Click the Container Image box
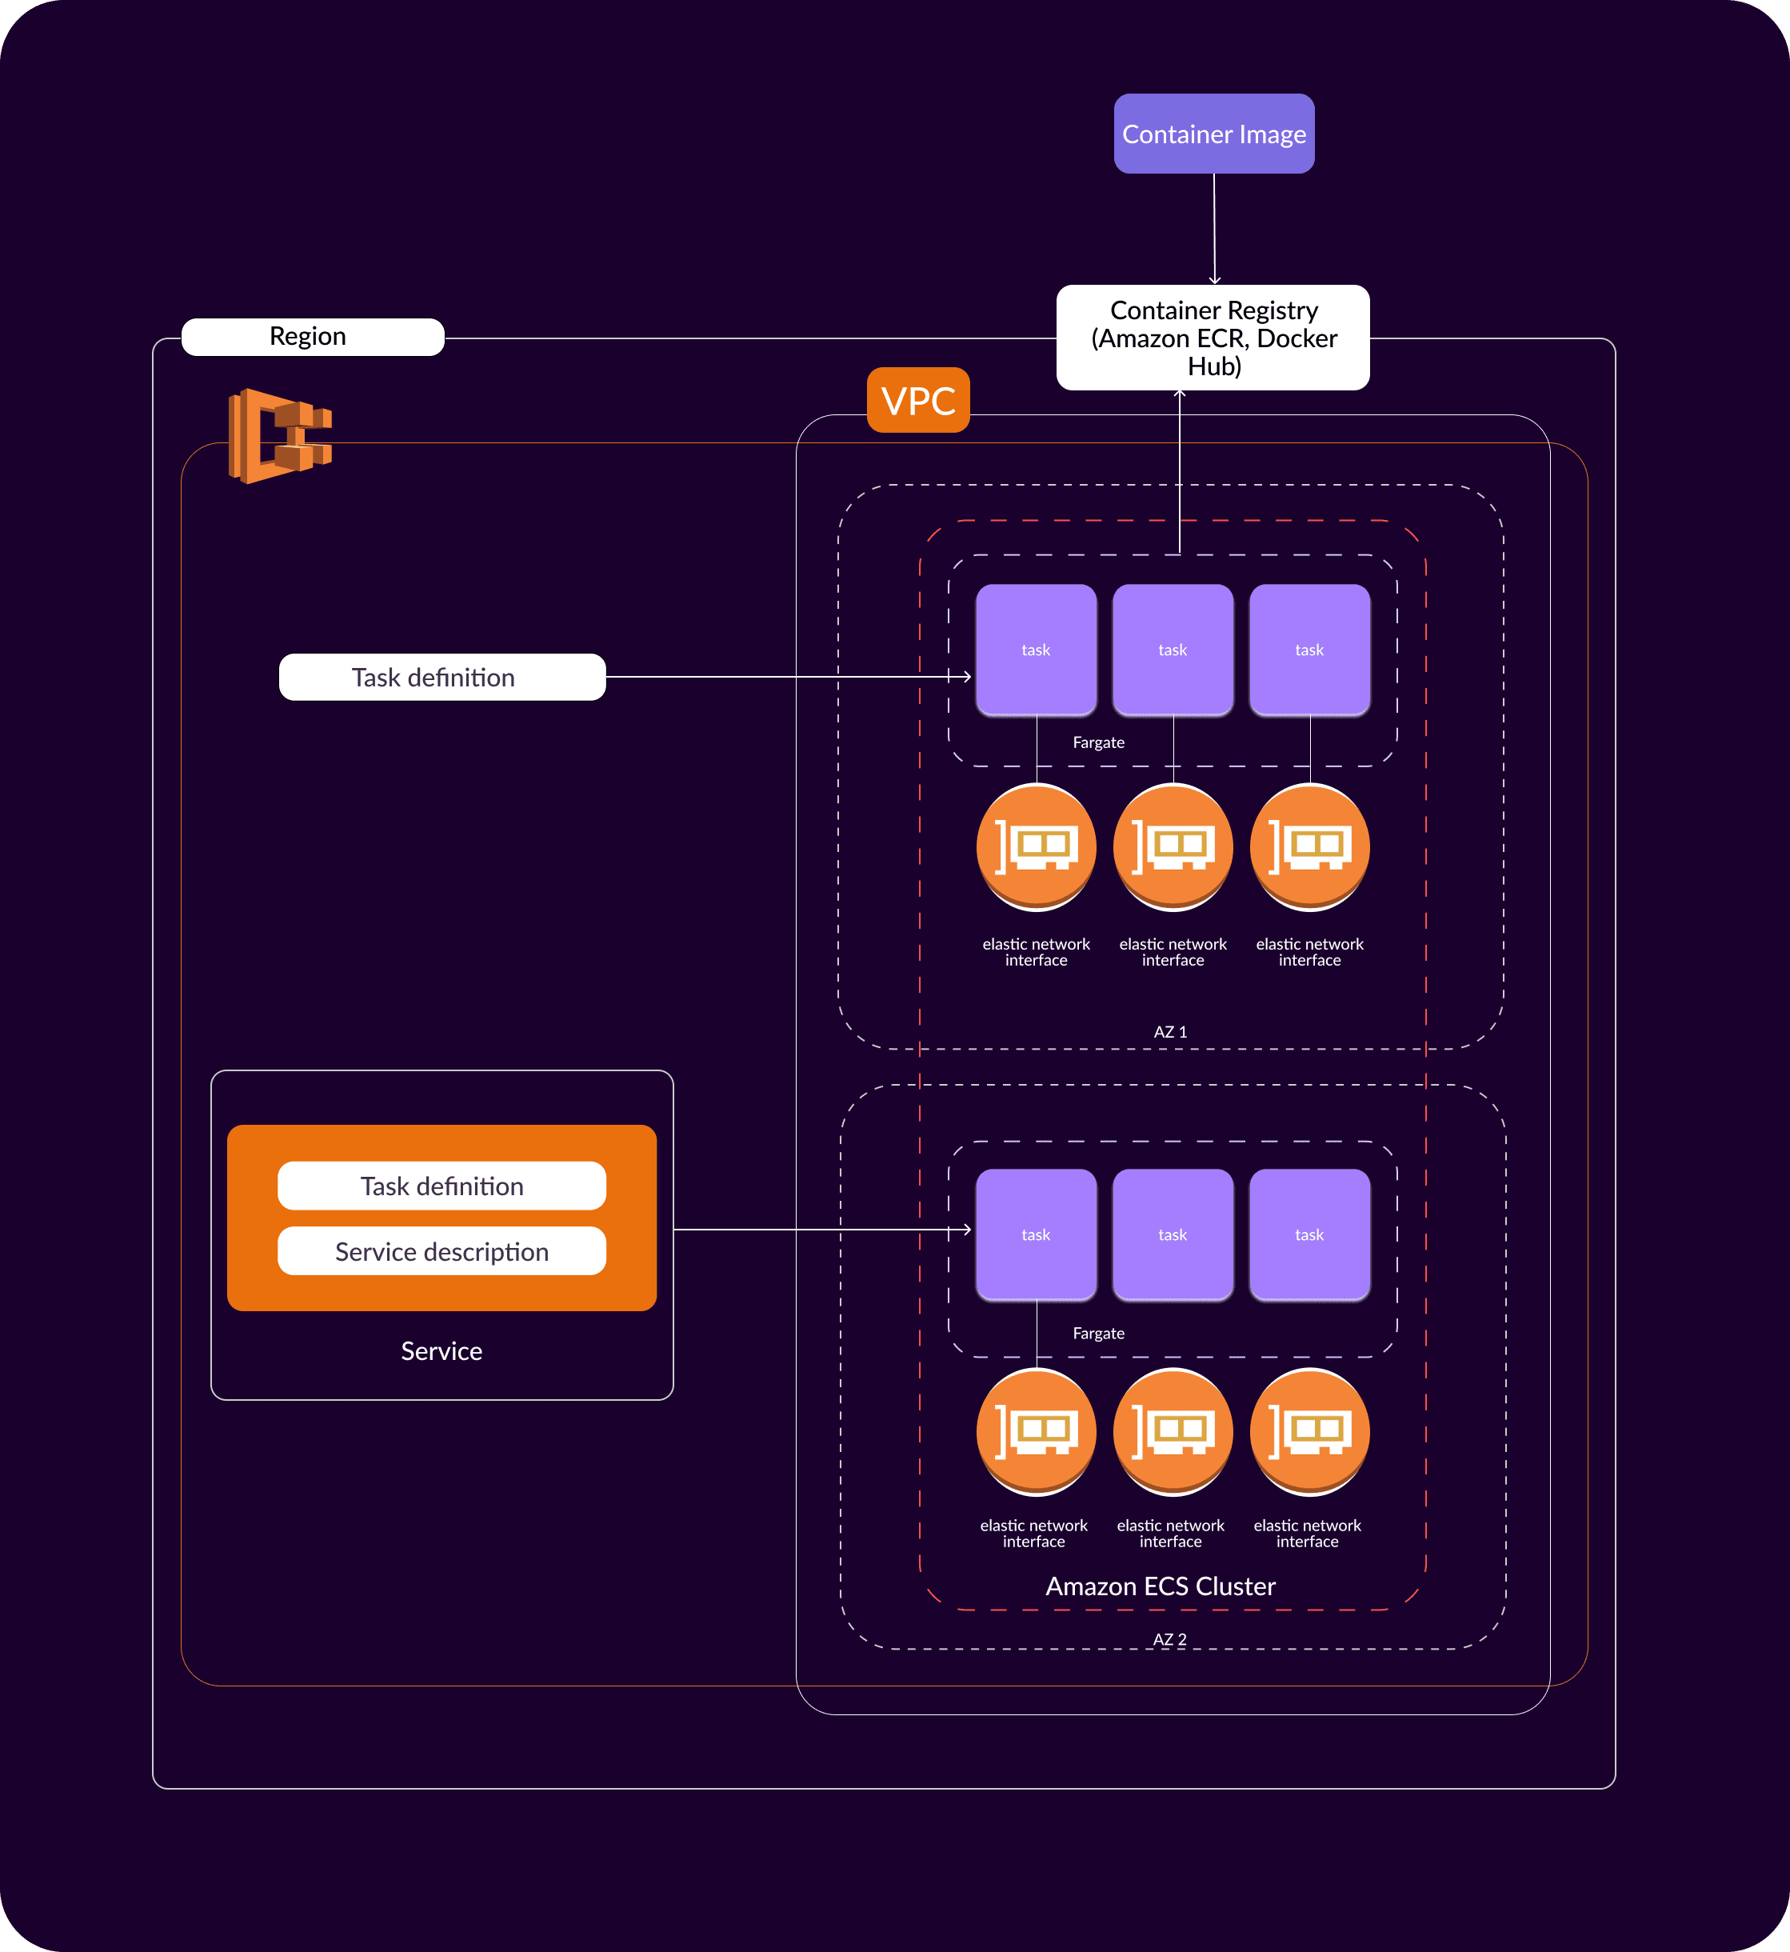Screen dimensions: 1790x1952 point(1213,134)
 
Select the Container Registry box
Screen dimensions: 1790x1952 point(1213,337)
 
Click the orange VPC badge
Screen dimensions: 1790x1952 point(918,400)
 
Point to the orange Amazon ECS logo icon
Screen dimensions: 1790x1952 point(280,436)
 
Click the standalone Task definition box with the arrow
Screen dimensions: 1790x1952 point(442,677)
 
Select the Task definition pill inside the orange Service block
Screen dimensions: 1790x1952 point(442,1186)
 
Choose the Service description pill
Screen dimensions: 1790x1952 point(442,1252)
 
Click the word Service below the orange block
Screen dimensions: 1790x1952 point(442,1350)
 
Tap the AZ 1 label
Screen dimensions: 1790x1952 point(1170,1032)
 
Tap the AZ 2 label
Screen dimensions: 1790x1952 point(1170,1639)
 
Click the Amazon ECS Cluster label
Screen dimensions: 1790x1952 point(1161,1586)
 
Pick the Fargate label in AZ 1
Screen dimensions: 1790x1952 point(1098,742)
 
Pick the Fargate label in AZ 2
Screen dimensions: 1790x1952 point(1098,1333)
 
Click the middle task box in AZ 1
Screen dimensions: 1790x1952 point(1173,650)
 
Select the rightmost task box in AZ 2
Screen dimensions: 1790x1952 point(1309,1235)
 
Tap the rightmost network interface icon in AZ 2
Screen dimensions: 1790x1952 point(1309,1432)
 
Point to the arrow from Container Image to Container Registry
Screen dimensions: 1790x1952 point(1215,229)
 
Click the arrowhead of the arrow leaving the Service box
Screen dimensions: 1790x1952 point(967,1230)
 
